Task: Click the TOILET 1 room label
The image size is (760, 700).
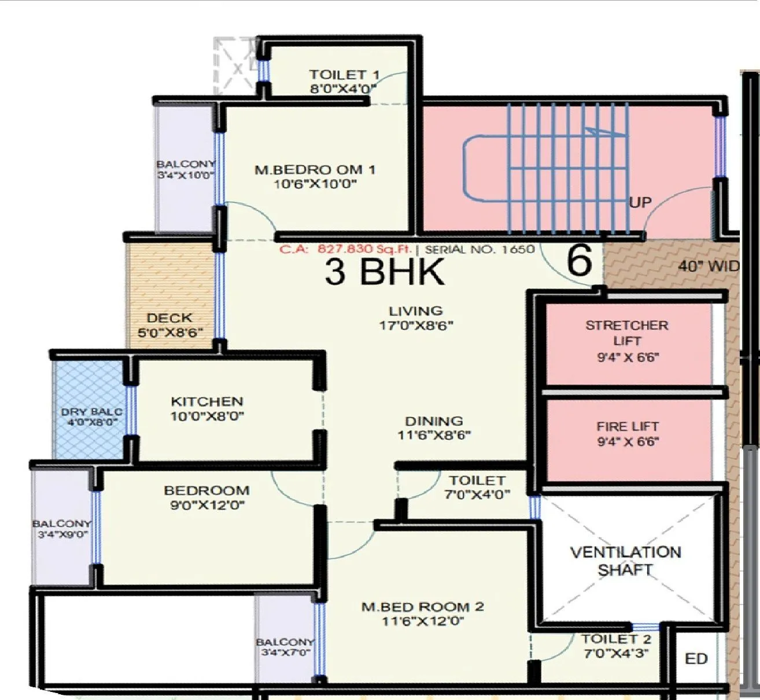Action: [x=344, y=75]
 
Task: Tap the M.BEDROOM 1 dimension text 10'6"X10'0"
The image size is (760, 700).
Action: [x=315, y=185]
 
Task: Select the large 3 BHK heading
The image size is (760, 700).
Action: [x=385, y=272]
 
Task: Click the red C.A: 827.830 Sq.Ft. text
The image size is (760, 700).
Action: [x=345, y=249]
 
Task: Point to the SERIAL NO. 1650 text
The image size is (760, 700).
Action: [x=479, y=249]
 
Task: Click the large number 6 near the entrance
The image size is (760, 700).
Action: [x=580, y=260]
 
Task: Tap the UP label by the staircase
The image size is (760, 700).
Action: [x=640, y=202]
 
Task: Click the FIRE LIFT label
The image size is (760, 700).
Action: [x=628, y=427]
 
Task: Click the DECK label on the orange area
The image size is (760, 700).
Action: [x=169, y=318]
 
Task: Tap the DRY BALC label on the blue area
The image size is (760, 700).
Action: [x=91, y=412]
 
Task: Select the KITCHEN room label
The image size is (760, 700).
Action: [x=206, y=401]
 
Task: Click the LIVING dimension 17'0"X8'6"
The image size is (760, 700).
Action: [x=416, y=325]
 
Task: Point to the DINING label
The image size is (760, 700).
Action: [x=434, y=421]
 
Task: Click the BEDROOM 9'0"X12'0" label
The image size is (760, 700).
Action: [x=206, y=498]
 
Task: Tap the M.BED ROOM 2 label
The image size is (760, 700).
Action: [x=422, y=607]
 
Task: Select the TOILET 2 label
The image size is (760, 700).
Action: [x=616, y=639]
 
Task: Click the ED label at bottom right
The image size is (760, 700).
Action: [x=696, y=659]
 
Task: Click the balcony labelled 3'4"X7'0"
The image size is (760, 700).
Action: [x=285, y=647]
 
